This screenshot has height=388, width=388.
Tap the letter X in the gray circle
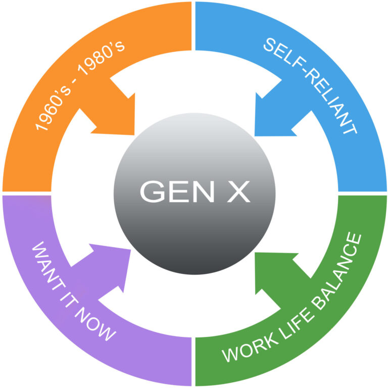(x=237, y=192)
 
